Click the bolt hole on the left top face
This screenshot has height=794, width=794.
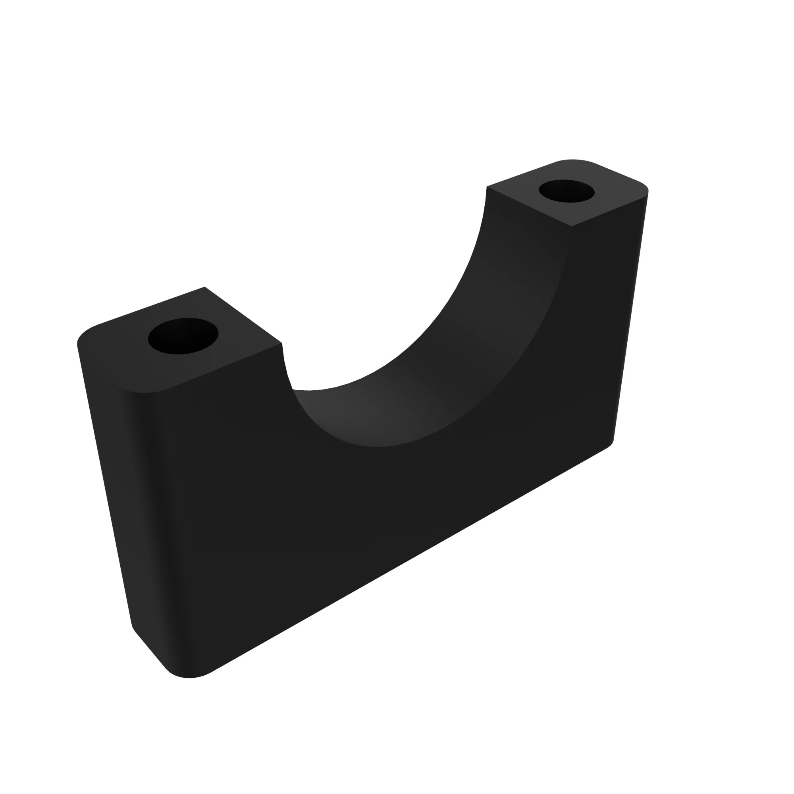pos(183,336)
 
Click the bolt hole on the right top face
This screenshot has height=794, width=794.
pos(567,191)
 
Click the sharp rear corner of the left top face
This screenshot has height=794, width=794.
pos(205,287)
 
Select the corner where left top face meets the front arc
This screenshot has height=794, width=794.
pos(282,343)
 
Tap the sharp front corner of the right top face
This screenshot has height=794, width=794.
pos(571,226)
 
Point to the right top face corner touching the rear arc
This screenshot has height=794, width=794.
pos(487,187)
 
